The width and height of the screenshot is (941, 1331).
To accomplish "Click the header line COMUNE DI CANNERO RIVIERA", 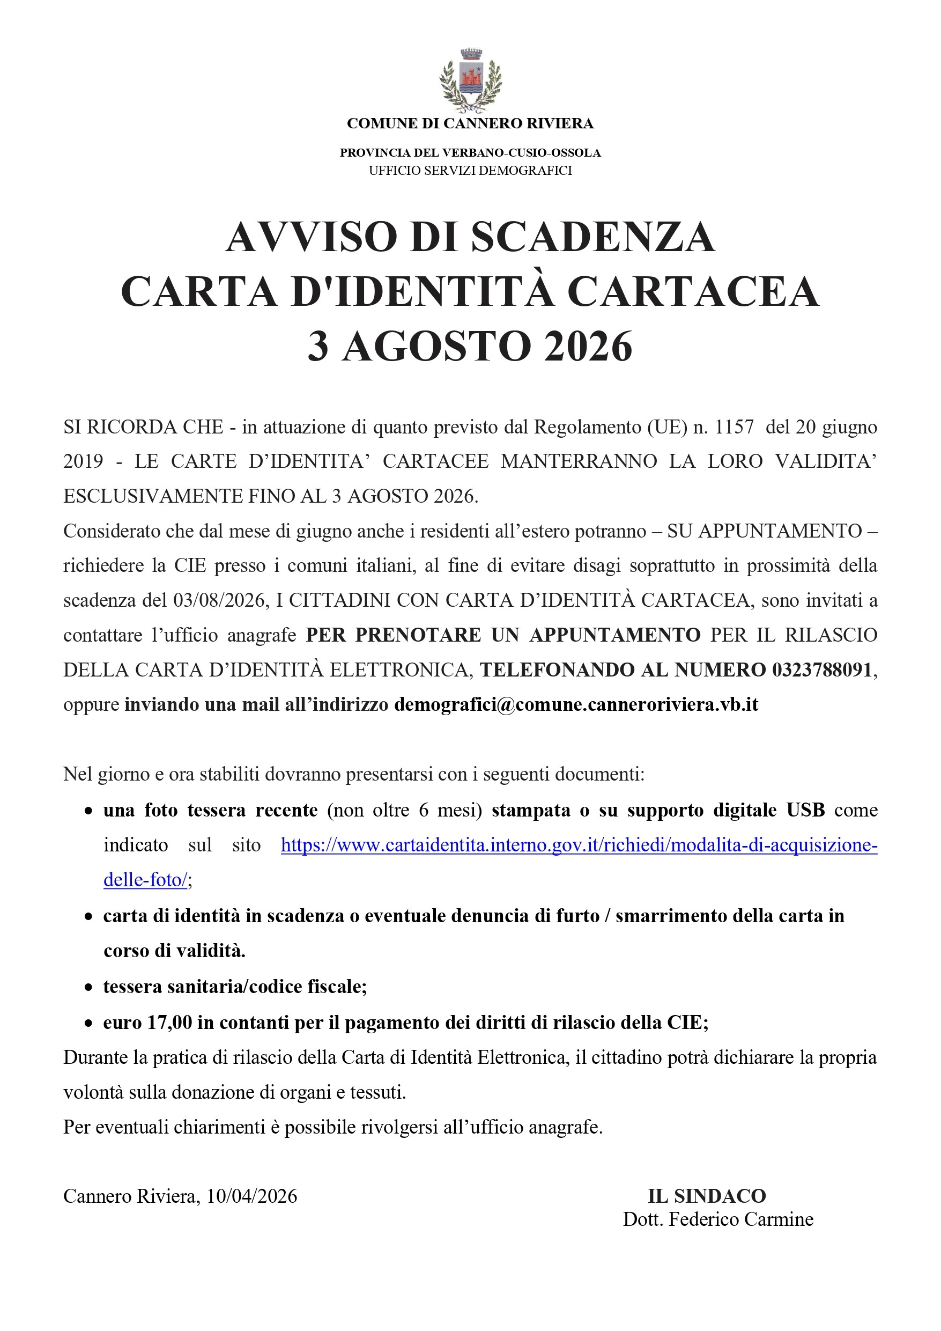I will tap(470, 123).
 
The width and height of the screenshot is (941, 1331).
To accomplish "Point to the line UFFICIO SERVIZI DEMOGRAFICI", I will tap(470, 171).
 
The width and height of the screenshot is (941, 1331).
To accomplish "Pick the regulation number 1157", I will tap(734, 427).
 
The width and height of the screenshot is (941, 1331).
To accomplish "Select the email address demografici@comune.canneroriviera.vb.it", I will tap(576, 705).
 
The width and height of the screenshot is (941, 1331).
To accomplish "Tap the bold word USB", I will tap(805, 810).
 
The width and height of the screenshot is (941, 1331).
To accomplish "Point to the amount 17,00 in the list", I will tap(169, 1022).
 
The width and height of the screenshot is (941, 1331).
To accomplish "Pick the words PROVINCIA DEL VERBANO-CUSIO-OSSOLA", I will tap(470, 153).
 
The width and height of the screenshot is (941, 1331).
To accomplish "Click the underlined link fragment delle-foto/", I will tap(145, 880).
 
